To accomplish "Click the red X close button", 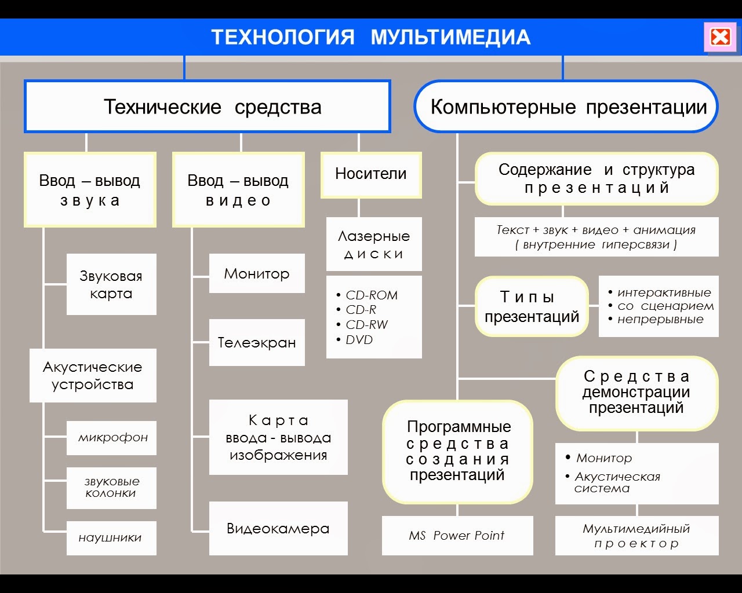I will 720,37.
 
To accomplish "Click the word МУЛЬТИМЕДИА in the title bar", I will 450,37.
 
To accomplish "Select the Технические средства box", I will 207,107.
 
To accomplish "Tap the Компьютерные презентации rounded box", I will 566,107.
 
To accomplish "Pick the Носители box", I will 371,174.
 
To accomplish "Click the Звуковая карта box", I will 111,284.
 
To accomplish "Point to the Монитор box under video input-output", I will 257,273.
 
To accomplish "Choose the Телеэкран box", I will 257,342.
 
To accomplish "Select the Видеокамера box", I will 278,528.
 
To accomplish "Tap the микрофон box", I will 112,438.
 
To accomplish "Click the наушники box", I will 111,538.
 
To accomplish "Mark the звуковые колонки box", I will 111,488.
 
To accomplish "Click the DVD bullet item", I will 359,340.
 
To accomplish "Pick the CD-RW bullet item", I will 366,325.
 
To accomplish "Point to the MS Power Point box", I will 457,536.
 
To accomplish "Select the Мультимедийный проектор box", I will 636,536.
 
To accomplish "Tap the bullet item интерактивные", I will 664,292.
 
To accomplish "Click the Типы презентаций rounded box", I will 532,307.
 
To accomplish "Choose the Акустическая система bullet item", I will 617,482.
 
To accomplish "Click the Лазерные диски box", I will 374,244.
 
